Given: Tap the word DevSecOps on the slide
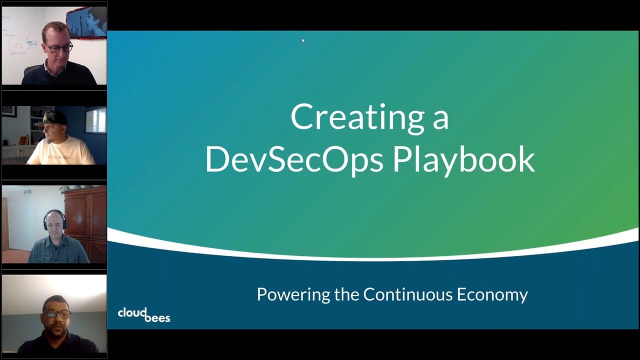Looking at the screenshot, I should tap(294, 159).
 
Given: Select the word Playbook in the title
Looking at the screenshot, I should tap(463, 159).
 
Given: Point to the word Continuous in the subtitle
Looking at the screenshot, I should tap(408, 294).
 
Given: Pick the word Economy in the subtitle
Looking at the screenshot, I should tap(492, 294).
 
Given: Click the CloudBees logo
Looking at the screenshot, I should tap(144, 314).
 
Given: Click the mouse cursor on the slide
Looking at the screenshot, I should tap(303, 40).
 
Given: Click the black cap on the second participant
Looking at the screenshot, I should tap(53, 118).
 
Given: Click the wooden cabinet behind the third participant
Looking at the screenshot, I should tap(85, 215).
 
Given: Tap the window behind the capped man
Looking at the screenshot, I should tap(95, 120).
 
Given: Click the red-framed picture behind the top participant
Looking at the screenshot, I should tap(85, 22).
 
